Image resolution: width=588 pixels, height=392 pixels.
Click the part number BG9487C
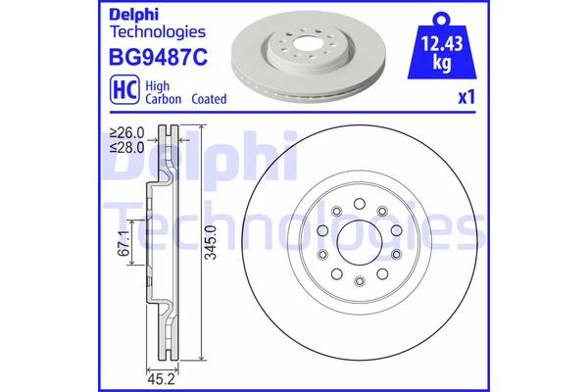click(x=158, y=58)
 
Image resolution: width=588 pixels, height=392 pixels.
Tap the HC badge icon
click(x=124, y=89)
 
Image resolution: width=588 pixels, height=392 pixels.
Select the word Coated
click(x=209, y=99)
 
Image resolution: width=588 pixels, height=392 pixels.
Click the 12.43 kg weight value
click(x=442, y=53)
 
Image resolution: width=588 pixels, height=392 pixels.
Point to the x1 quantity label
click(x=466, y=97)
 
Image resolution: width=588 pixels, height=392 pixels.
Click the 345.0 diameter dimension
click(x=211, y=242)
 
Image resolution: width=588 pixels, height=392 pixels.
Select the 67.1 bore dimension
click(x=124, y=243)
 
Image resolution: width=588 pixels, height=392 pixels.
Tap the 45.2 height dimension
click(x=162, y=379)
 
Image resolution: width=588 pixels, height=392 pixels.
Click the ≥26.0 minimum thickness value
click(x=127, y=132)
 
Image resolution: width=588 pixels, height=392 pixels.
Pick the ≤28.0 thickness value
click(x=127, y=147)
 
